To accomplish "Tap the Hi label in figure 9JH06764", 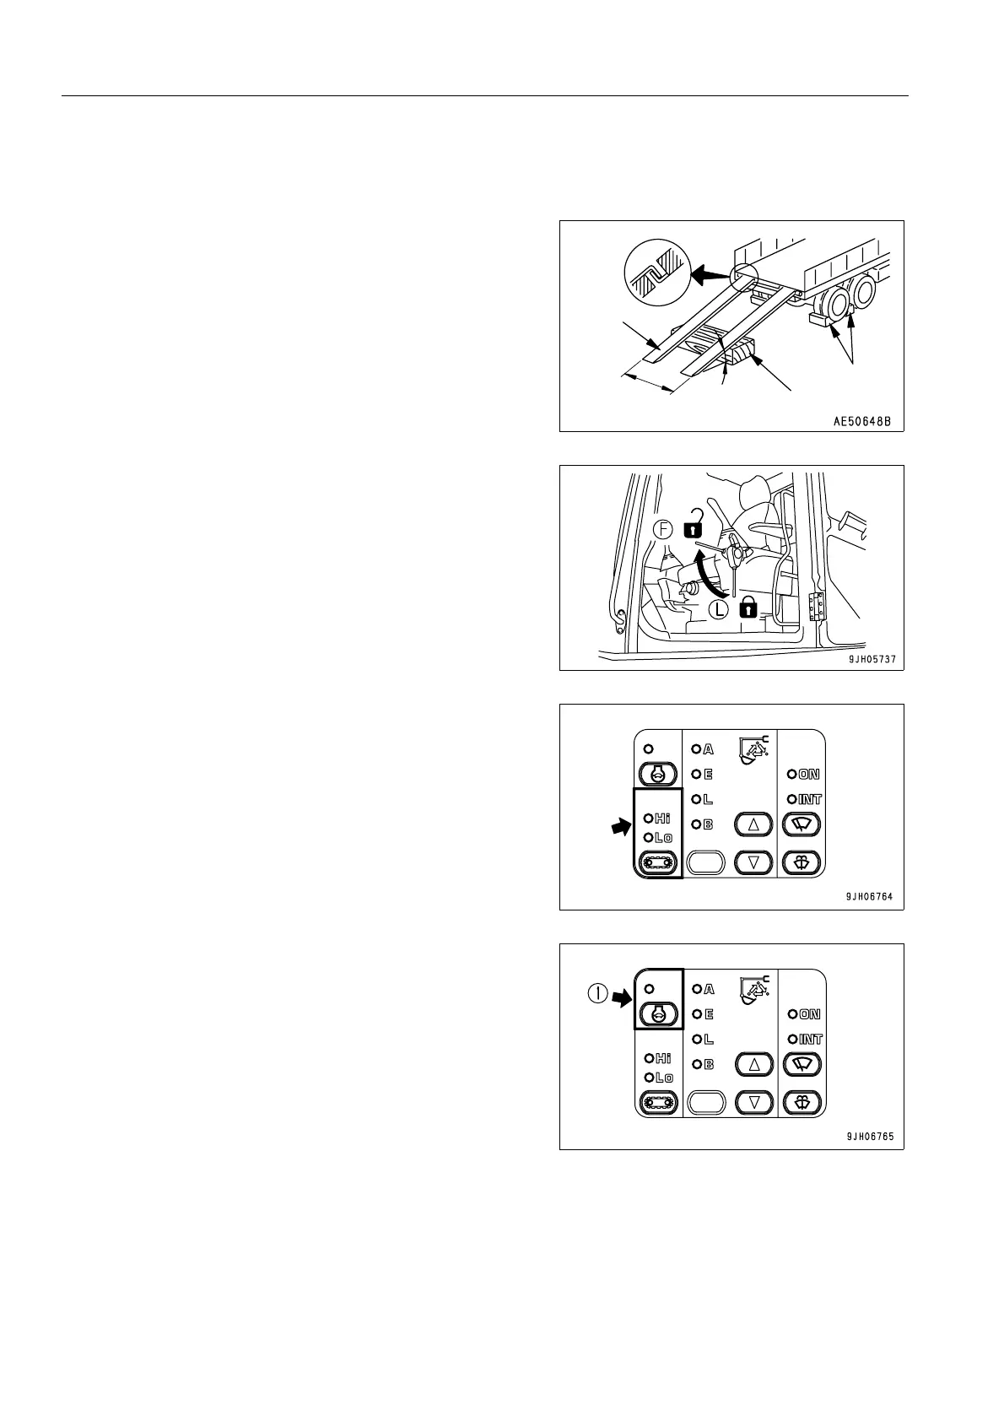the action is point(662,817).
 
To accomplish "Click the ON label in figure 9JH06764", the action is point(809,774).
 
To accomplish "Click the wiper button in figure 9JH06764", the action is point(801,824).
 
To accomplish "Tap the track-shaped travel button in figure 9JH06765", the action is point(658,1102).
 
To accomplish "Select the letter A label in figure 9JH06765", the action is point(709,989).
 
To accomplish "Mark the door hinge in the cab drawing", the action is point(815,605).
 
